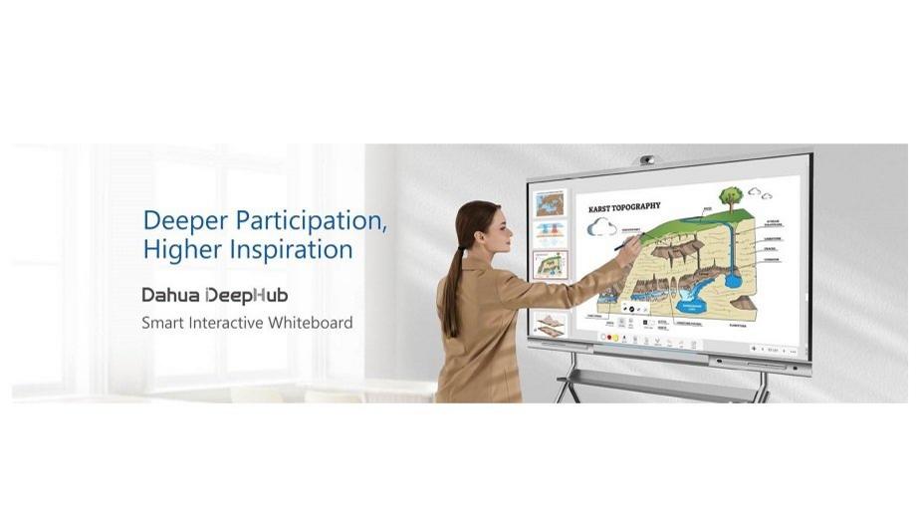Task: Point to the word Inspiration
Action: point(292,249)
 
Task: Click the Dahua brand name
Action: point(169,296)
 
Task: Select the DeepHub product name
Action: point(246,296)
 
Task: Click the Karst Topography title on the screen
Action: point(624,206)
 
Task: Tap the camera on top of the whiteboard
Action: point(647,159)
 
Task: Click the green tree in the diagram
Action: point(732,196)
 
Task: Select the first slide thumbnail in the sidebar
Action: point(550,203)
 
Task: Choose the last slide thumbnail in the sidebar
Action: point(550,321)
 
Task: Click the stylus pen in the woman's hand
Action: point(625,240)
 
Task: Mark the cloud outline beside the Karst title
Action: point(601,227)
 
